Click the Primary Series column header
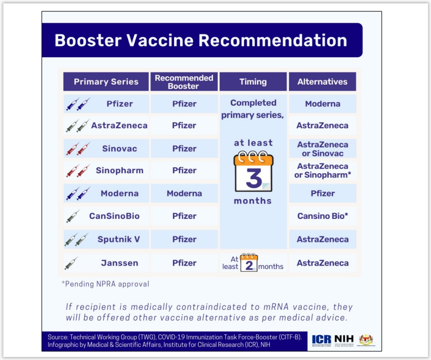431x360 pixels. click(x=106, y=82)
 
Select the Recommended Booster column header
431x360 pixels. click(x=184, y=82)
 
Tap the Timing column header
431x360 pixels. click(x=253, y=82)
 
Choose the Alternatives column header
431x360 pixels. click(x=322, y=82)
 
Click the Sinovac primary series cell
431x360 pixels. click(x=119, y=148)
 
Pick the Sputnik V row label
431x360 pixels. click(x=119, y=239)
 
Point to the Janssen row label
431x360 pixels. click(x=119, y=263)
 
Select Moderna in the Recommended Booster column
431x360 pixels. click(x=184, y=194)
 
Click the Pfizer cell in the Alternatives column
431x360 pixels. click(x=322, y=194)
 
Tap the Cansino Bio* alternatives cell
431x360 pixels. click(x=322, y=216)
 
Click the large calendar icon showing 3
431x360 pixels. click(x=253, y=172)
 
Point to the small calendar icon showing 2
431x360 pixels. click(x=249, y=263)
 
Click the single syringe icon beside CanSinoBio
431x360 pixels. click(x=73, y=216)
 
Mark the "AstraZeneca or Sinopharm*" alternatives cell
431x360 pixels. click(x=322, y=170)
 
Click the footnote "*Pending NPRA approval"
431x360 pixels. click(x=105, y=284)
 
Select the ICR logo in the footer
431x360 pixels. click(x=322, y=340)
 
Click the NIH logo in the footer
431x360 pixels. click(x=344, y=340)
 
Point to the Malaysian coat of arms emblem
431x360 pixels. click(x=366, y=340)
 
